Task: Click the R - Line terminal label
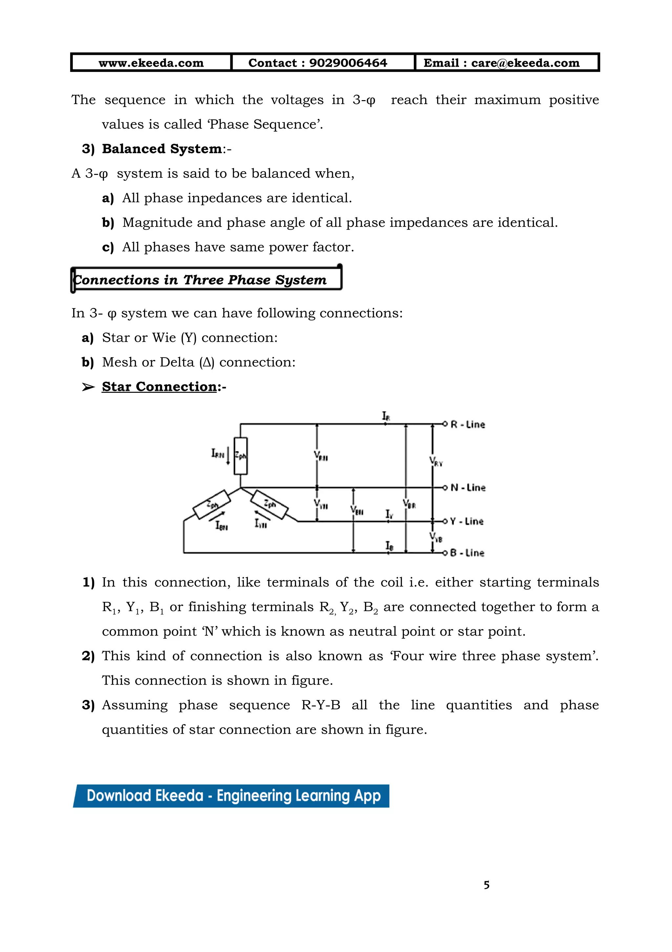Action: click(x=467, y=424)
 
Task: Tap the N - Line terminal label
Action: click(x=468, y=488)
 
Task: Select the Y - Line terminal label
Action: click(x=466, y=521)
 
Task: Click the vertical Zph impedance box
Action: click(x=241, y=456)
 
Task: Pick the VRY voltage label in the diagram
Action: click(x=436, y=461)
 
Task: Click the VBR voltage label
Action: click(x=409, y=504)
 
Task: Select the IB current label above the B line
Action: click(x=389, y=546)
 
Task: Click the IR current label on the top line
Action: click(x=386, y=415)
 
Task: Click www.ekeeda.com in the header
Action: click(x=151, y=63)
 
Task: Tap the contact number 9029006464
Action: click(x=348, y=63)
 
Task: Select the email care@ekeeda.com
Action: click(x=525, y=63)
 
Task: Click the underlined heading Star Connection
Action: click(x=159, y=387)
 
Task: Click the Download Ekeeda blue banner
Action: click(x=231, y=796)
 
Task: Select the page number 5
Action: click(x=486, y=885)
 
